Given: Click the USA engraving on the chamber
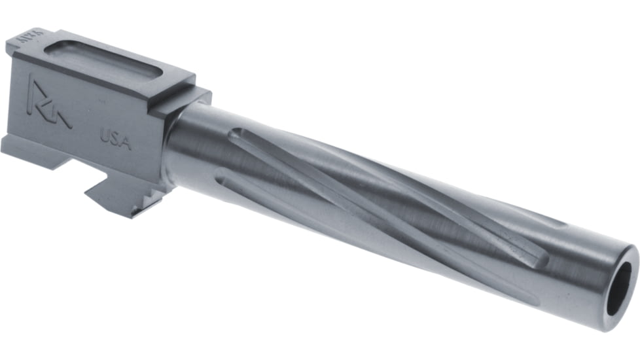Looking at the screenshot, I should (115, 139).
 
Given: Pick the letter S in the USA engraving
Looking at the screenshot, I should (115, 139).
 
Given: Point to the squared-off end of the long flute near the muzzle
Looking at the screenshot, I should (541, 259).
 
